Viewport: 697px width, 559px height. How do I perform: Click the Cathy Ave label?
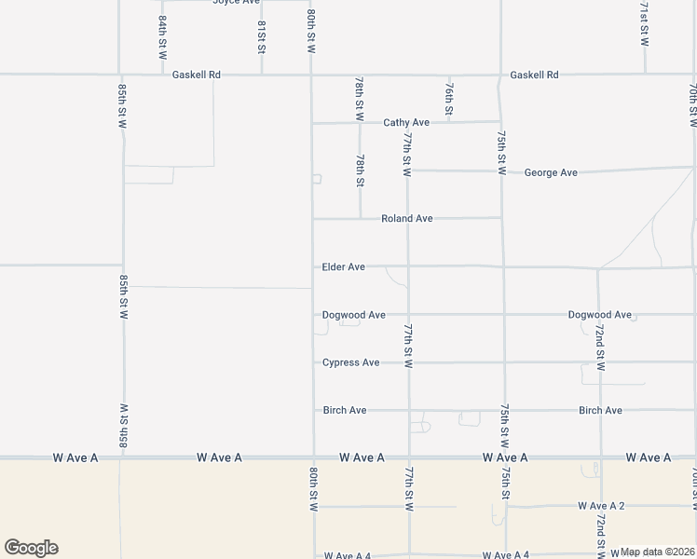[x=406, y=122]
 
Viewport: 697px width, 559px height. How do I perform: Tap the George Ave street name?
[x=551, y=172]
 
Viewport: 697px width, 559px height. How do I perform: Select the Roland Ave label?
[x=406, y=218]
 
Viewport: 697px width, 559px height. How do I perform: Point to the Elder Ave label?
[x=343, y=266]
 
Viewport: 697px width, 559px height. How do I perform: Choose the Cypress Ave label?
[x=350, y=361]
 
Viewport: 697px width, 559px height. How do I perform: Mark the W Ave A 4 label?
[x=348, y=555]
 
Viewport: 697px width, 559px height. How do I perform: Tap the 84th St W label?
[x=162, y=37]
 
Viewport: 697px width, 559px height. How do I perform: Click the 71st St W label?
[x=644, y=24]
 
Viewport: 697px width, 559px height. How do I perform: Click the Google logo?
[x=31, y=548]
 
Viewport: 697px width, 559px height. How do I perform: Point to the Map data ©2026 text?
[x=658, y=552]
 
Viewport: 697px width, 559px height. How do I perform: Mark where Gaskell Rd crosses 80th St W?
[x=311, y=75]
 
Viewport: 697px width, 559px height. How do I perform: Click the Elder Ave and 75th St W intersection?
[x=503, y=266]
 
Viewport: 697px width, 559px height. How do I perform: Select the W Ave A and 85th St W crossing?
[x=119, y=457]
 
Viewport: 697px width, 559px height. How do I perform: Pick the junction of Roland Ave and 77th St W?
[x=407, y=219]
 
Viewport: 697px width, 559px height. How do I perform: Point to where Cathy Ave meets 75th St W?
[x=501, y=121]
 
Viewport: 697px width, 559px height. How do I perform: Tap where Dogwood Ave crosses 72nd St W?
[x=599, y=315]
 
